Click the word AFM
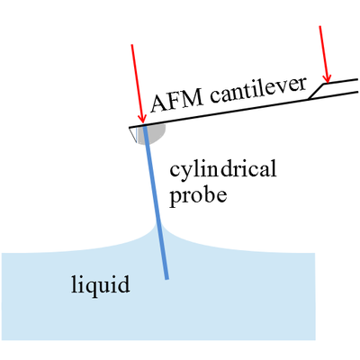tap(177, 101)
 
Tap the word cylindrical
tap(223, 169)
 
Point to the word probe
tap(198, 195)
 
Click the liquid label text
tap(101, 284)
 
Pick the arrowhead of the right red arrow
tap(328, 78)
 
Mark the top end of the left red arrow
tap(131, 45)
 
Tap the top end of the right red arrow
tap(320, 26)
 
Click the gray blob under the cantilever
tap(156, 133)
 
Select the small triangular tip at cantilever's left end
tap(133, 133)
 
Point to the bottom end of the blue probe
tap(166, 279)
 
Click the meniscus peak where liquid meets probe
tap(156, 224)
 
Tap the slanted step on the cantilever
tap(318, 91)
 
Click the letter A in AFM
tap(159, 103)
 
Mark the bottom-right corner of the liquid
tap(315, 340)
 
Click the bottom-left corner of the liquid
tap(2, 340)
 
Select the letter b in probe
tap(207, 194)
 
